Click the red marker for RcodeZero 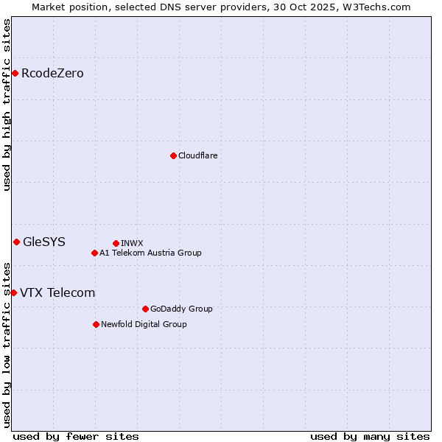[15, 73]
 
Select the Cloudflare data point [173, 155]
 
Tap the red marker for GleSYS [16, 242]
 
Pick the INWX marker [116, 243]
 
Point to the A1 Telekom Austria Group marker [94, 253]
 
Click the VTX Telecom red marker [13, 292]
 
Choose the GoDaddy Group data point [145, 309]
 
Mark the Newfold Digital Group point [96, 324]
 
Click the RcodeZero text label [52, 73]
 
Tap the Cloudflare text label [197, 155]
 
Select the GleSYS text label [44, 242]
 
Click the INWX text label [132, 243]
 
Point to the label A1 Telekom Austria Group [150, 253]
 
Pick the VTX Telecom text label [57, 292]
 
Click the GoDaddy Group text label [181, 309]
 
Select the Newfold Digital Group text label [144, 324]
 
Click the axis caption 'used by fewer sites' [76, 436]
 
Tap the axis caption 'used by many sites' [370, 436]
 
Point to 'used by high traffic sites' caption [7, 105]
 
